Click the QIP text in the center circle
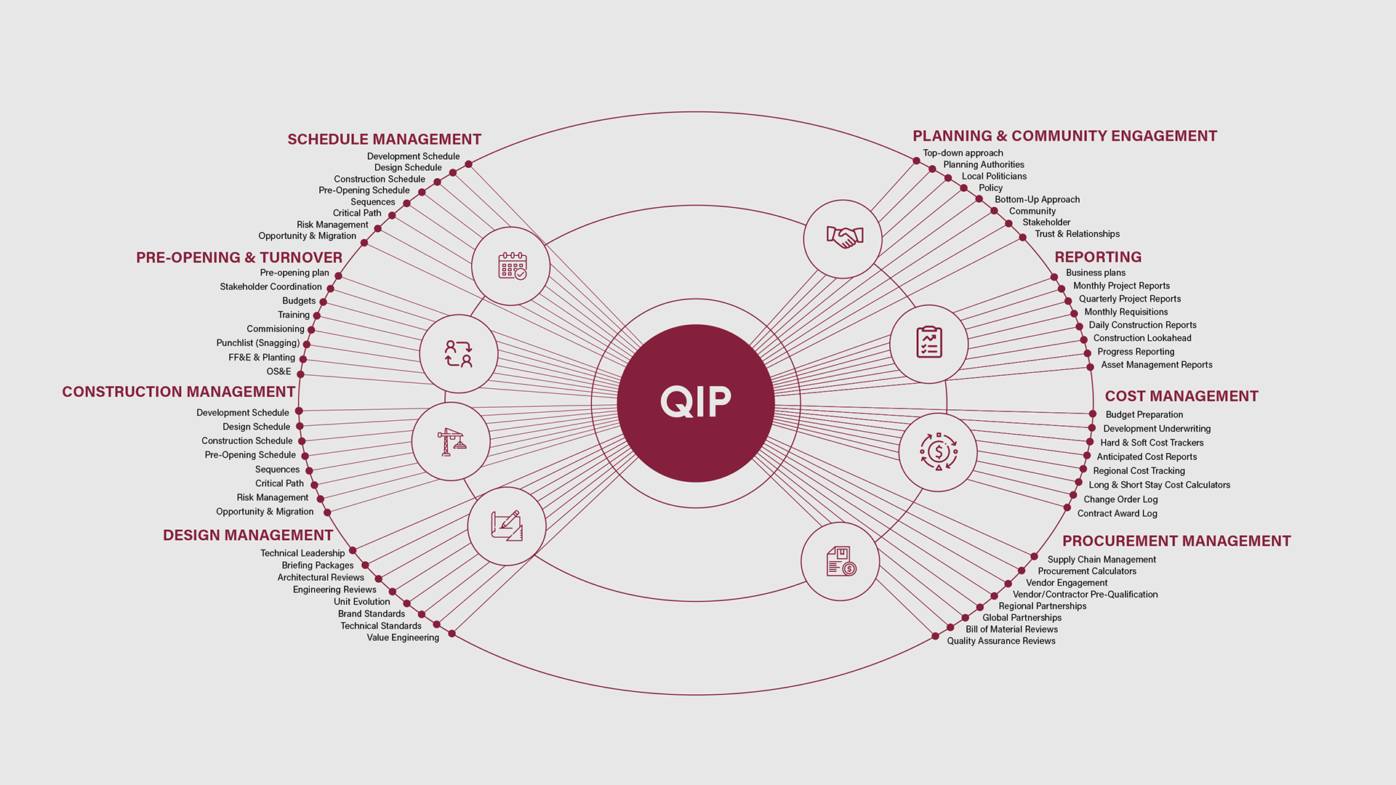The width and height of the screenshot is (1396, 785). [696, 402]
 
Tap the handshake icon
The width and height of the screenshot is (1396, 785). [843, 238]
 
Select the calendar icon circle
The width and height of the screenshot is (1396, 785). [511, 266]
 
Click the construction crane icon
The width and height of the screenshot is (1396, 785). [451, 441]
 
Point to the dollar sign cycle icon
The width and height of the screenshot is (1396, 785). [938, 452]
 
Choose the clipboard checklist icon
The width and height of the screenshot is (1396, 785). [928, 343]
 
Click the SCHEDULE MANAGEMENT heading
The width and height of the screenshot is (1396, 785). [384, 140]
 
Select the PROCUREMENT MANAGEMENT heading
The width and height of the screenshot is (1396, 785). [1176, 542]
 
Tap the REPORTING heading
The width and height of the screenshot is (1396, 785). [1098, 257]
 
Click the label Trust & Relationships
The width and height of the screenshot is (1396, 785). [1077, 234]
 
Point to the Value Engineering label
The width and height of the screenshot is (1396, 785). [403, 637]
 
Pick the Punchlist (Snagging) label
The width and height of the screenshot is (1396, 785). [257, 343]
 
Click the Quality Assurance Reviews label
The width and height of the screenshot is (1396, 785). [1000, 641]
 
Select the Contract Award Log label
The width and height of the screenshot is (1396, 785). [1117, 513]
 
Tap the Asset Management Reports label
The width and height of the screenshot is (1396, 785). [1156, 365]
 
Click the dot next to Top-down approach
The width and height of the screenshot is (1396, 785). [916, 161]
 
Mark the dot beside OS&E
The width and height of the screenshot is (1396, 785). [300, 374]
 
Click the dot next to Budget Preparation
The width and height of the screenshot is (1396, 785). [1092, 414]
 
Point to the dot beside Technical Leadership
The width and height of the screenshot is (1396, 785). [353, 551]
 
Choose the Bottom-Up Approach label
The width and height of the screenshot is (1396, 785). [1037, 199]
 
